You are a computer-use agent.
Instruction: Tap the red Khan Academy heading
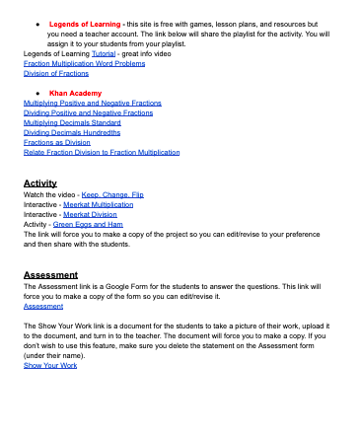click(x=75, y=93)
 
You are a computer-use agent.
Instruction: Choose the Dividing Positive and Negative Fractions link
click(x=88, y=112)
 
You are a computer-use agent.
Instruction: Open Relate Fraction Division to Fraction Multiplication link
click(x=102, y=152)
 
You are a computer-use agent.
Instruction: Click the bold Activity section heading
click(x=39, y=183)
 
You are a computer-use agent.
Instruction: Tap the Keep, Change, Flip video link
click(x=112, y=194)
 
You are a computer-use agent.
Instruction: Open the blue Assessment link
click(x=42, y=306)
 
